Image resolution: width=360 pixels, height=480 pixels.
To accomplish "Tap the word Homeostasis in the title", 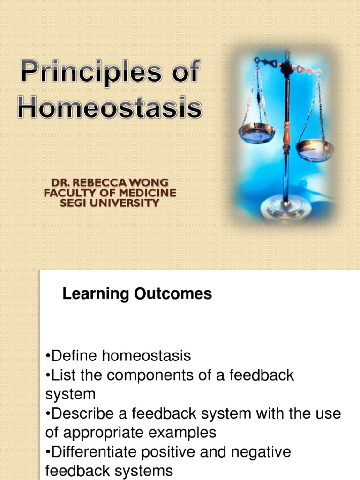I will click(110, 107).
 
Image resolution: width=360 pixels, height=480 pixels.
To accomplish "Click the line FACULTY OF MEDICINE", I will click(110, 193).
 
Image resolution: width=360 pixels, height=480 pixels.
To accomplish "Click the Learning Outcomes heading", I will click(137, 294).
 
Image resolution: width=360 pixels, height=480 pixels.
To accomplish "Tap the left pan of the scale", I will click(256, 133).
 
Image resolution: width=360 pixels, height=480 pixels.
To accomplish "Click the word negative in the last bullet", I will click(260, 452).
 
